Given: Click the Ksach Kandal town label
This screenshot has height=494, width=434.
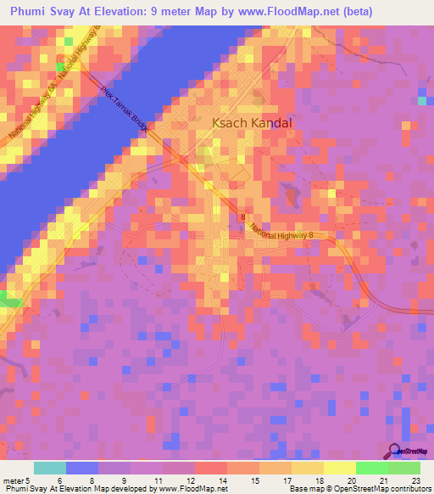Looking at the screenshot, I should [251, 123].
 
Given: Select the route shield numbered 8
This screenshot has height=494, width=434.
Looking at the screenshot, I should [242, 217].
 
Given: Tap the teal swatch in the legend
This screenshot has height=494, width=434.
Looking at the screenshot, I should [50, 468].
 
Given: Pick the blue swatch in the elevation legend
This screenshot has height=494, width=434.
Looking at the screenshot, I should [82, 468].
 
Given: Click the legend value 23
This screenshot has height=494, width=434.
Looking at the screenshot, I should [415, 480].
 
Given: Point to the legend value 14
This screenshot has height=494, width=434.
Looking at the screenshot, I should [222, 480].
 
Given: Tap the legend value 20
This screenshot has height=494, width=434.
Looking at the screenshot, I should [351, 480].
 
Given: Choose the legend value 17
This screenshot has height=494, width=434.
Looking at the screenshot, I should [287, 480].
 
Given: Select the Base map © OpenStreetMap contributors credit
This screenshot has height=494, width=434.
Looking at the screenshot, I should [359, 490].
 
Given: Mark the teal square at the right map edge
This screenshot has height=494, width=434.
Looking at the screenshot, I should [422, 101].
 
